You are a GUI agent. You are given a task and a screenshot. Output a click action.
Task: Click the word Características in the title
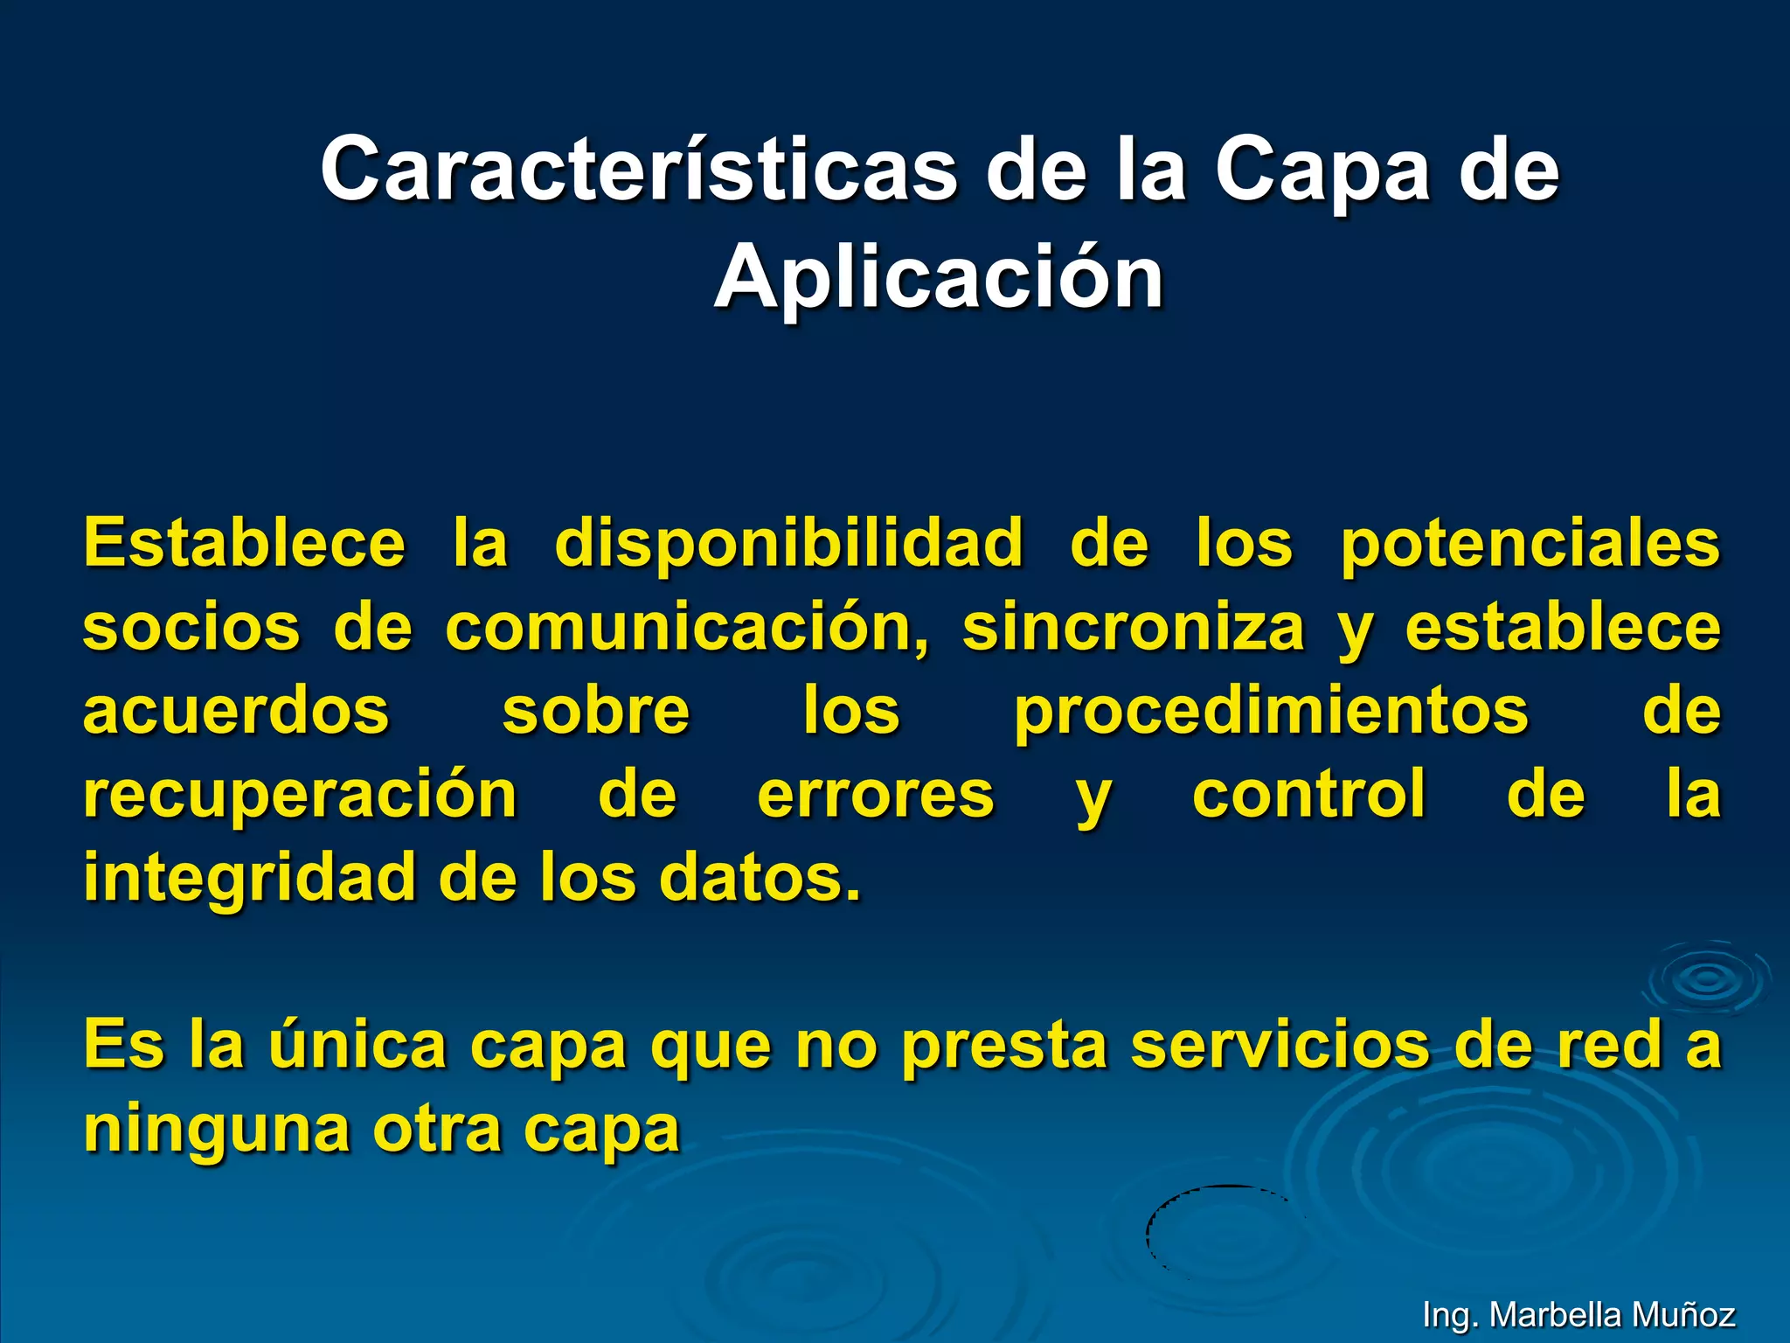pos(638,169)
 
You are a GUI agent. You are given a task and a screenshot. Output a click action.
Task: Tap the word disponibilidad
pos(788,543)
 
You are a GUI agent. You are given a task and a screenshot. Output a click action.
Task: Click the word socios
pos(191,627)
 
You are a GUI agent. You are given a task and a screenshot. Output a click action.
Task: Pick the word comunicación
pos(687,627)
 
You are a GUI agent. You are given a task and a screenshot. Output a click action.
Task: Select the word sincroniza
pos(1133,627)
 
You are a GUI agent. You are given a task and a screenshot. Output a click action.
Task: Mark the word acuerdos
pos(236,710)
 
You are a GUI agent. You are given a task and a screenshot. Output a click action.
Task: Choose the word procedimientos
pos(1271,710)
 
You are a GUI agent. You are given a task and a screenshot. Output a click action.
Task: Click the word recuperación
pos(301,794)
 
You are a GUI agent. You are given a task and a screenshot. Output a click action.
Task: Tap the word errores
pos(876,794)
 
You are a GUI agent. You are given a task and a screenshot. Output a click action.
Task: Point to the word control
pos(1309,794)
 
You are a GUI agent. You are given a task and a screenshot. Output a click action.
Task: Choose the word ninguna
pos(217,1129)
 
